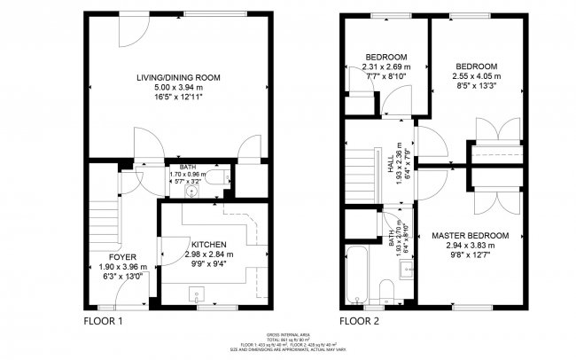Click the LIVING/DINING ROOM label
(x=178, y=78)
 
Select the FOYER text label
(x=111, y=256)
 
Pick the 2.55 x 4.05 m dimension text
(x=476, y=75)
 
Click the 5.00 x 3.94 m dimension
(x=178, y=89)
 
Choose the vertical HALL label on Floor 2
(x=390, y=165)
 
